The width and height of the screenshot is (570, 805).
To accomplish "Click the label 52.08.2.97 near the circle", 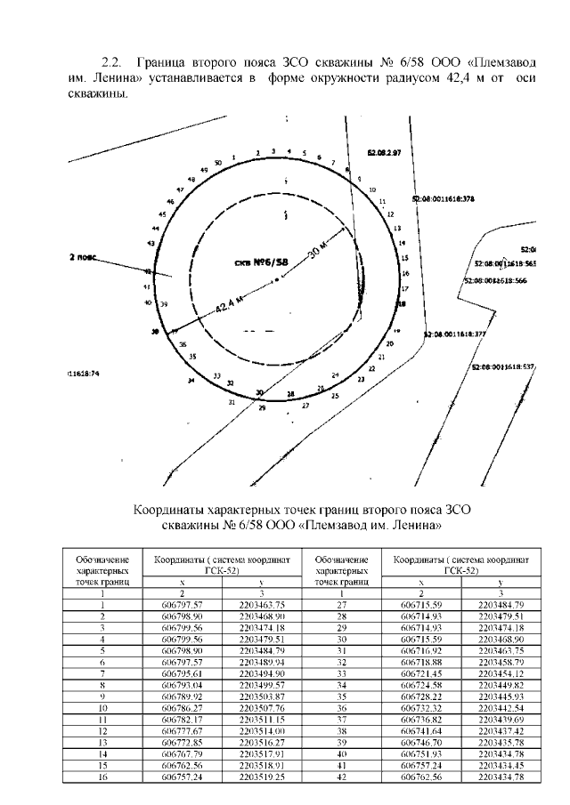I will (x=384, y=153).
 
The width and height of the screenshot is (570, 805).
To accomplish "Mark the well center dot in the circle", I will (x=278, y=279).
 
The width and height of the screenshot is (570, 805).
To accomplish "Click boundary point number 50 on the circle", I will (x=217, y=163).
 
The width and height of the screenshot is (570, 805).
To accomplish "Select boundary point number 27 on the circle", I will (x=305, y=406).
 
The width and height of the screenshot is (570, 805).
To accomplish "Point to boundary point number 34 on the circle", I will (x=191, y=381).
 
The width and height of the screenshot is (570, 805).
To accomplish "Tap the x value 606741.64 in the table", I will (x=420, y=730).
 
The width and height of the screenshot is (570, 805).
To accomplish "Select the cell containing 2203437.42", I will (x=501, y=730).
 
